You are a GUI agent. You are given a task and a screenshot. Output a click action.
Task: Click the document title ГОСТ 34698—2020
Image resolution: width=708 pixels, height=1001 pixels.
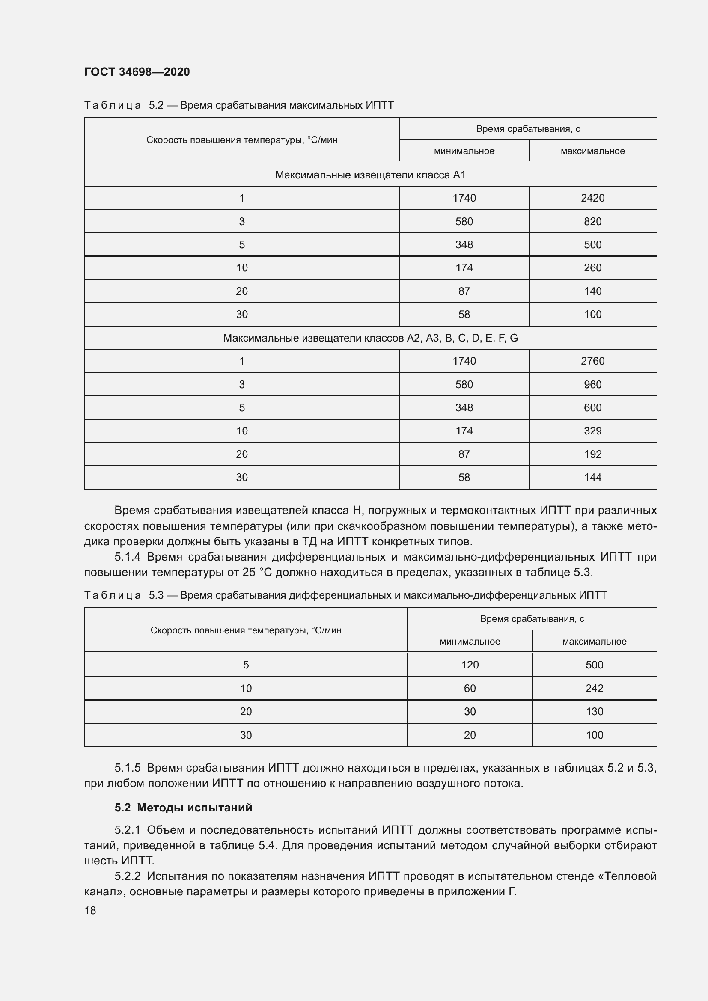(137, 72)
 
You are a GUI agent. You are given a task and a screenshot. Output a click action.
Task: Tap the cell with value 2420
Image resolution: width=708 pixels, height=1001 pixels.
(592, 198)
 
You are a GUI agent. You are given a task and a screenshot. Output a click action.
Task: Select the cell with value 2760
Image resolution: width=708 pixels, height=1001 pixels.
(592, 361)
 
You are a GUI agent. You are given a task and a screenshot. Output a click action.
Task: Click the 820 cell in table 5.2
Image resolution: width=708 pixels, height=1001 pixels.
(592, 222)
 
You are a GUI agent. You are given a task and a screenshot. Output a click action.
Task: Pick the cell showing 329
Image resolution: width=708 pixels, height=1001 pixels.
(592, 431)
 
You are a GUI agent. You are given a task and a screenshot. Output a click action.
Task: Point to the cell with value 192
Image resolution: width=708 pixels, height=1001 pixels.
(592, 454)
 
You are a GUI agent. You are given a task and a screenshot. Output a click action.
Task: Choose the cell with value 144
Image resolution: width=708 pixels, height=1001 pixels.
(592, 478)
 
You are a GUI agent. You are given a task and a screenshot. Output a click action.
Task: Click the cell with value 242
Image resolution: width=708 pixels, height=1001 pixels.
(594, 689)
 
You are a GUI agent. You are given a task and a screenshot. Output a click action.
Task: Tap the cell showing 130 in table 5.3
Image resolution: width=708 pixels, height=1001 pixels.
(594, 712)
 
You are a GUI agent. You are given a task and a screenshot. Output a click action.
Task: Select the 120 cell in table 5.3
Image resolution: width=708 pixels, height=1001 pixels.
(470, 665)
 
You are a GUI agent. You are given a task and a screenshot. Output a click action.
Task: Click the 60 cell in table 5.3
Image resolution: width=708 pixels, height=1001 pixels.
(470, 689)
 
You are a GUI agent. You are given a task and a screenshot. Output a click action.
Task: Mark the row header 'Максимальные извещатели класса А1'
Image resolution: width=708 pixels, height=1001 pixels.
(370, 175)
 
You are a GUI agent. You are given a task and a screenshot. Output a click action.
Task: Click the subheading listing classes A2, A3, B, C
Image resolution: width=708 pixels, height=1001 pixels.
(370, 338)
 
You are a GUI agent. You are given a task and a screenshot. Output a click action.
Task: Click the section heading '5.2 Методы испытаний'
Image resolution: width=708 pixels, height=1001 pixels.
(184, 808)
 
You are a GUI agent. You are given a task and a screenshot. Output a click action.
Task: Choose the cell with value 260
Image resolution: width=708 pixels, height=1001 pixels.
(592, 267)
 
